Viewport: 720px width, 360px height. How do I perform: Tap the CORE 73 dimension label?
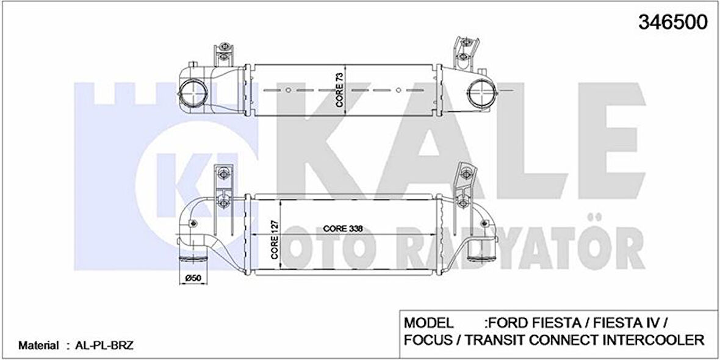[340, 90]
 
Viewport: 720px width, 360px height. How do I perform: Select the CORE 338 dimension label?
[343, 228]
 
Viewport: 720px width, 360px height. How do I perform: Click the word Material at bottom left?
[38, 345]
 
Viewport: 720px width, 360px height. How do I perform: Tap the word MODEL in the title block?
[428, 322]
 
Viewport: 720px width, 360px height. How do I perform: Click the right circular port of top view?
[480, 93]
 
